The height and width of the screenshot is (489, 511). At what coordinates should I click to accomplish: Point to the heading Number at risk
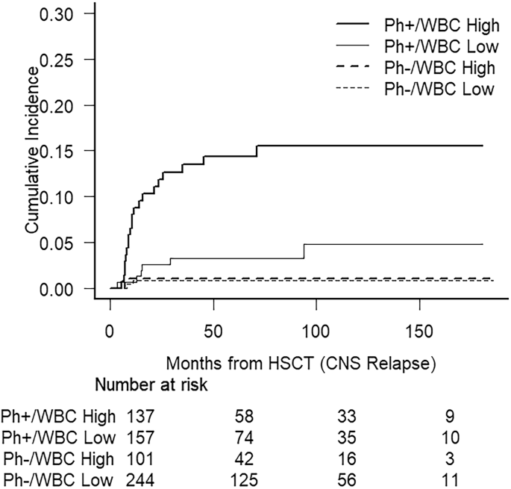151,385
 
